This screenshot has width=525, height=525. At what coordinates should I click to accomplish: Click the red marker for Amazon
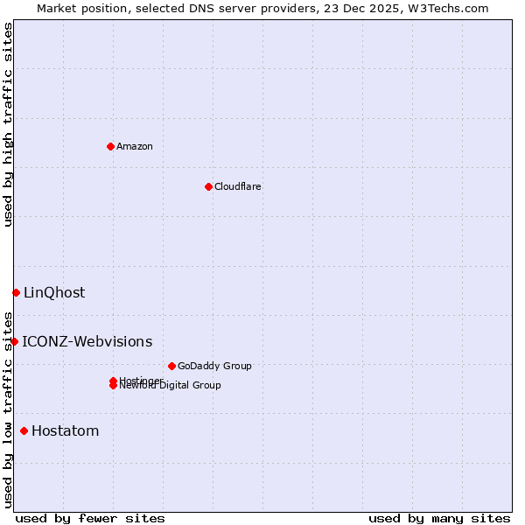point(110,146)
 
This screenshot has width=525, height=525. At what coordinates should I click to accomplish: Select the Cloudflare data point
point(208,186)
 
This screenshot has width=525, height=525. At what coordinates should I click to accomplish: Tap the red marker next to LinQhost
point(16,292)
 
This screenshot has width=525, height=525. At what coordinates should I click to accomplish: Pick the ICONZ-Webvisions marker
point(14,341)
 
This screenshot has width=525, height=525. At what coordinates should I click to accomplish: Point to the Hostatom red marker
point(24,430)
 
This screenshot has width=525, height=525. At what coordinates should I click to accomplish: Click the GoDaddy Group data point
point(171,366)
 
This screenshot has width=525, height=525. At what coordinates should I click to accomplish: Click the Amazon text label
point(135,146)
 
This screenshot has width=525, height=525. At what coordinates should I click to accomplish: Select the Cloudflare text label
point(238,186)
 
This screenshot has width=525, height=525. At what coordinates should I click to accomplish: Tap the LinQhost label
point(54,292)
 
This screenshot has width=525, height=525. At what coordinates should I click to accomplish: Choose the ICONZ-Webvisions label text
point(87,341)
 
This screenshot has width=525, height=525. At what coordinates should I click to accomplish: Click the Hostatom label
point(66,430)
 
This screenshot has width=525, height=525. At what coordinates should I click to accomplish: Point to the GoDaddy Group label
point(214,366)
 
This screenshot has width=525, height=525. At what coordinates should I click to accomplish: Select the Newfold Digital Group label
point(171,386)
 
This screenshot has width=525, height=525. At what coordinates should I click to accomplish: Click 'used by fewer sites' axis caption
point(90,518)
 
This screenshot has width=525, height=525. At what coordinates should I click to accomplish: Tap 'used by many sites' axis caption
point(439,518)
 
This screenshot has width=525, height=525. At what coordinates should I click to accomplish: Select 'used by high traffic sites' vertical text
point(8,124)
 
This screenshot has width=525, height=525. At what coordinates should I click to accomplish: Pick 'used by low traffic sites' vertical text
point(8,409)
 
